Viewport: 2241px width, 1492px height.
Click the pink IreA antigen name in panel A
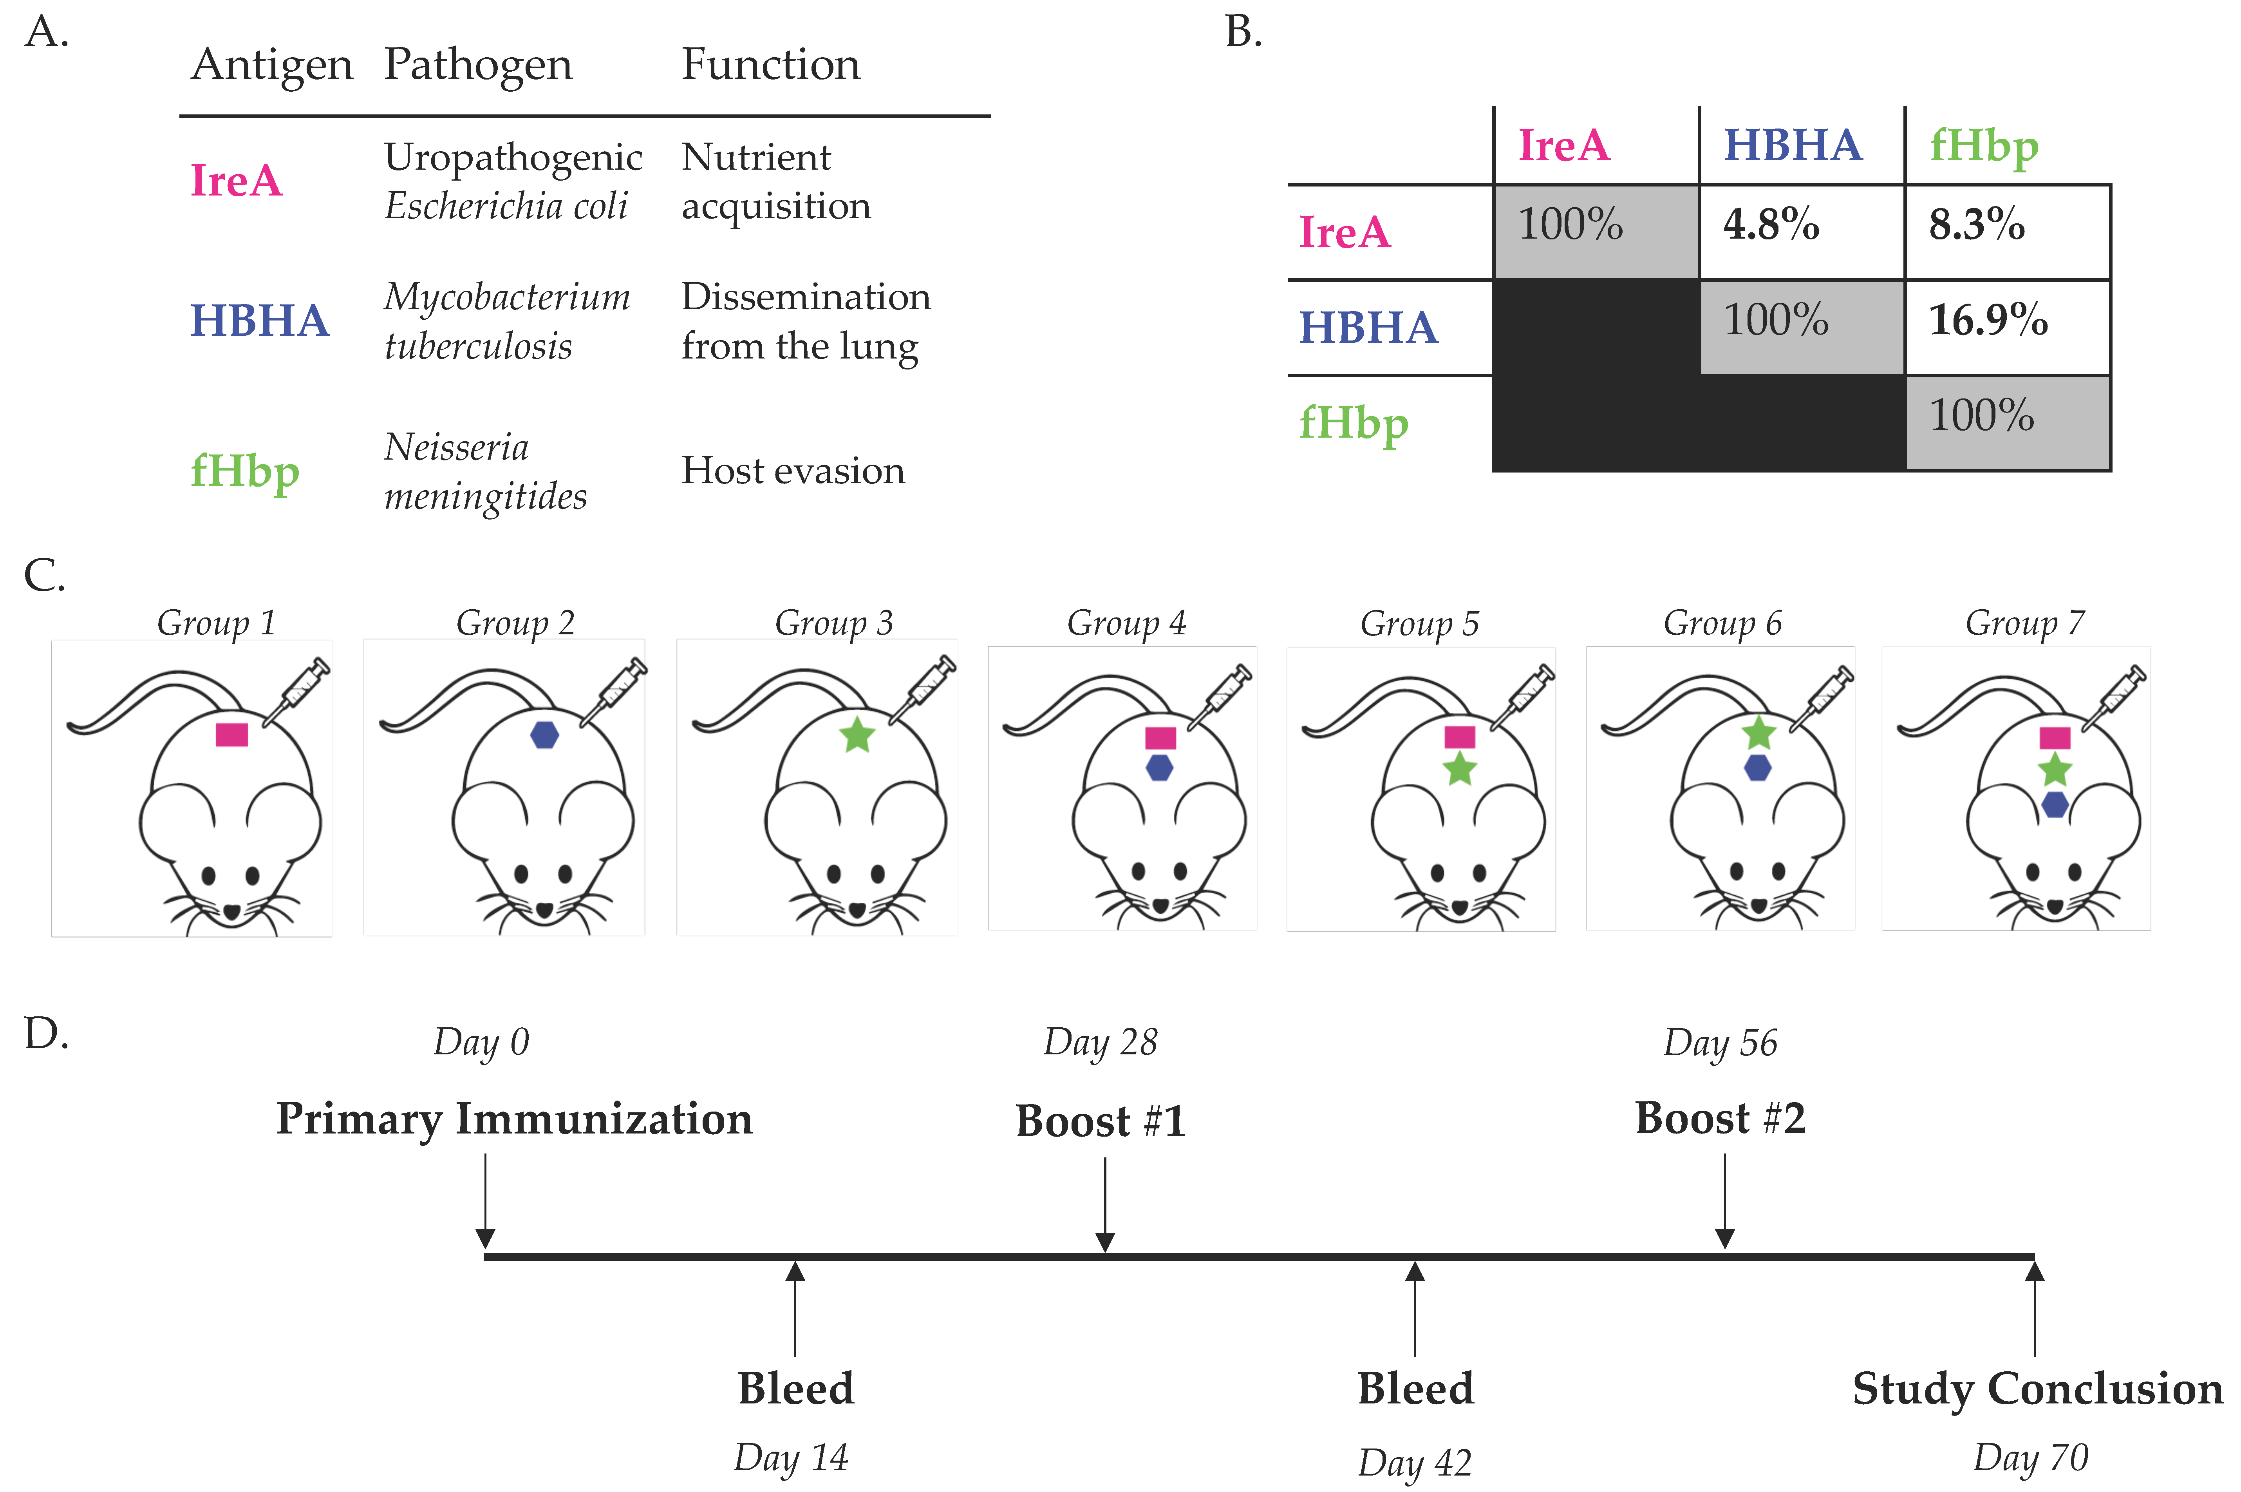236,181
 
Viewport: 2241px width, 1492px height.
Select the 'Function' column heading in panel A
770,65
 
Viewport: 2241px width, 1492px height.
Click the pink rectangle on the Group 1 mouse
231,735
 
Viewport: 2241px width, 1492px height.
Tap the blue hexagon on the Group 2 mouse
544,735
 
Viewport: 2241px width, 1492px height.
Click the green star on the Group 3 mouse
857,735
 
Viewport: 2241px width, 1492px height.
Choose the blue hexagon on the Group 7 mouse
2055,805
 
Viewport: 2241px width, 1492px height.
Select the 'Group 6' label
1722,623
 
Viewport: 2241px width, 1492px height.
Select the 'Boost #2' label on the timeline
1720,1118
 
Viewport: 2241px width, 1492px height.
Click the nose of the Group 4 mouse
1160,904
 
